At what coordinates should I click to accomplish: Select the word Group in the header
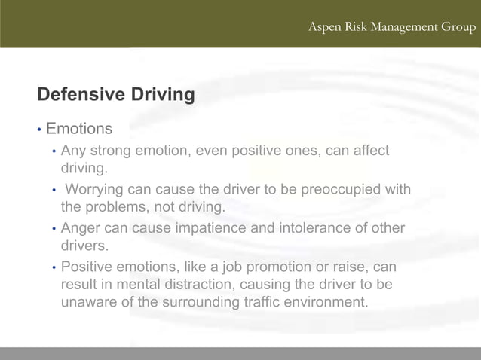point(458,27)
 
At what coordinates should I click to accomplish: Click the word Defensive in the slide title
point(80,95)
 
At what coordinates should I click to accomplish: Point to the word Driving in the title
point(162,95)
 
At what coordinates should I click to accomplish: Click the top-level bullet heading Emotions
point(79,129)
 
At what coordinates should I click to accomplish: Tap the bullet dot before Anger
point(54,229)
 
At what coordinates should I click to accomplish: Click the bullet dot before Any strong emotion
point(54,151)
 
